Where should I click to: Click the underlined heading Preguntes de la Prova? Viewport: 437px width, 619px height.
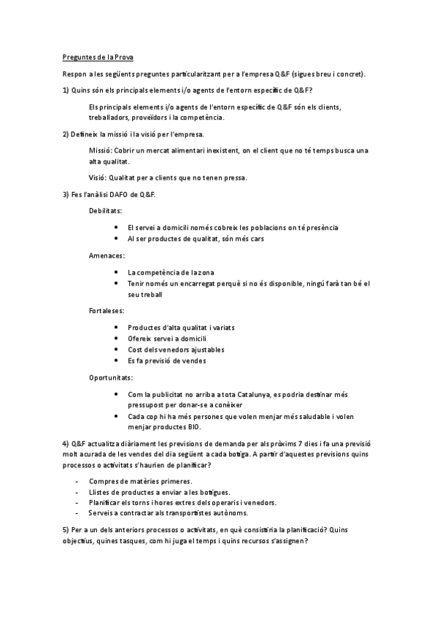(x=96, y=57)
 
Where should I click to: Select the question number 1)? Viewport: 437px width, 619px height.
(x=64, y=90)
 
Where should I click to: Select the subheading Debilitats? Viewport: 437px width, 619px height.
(x=105, y=210)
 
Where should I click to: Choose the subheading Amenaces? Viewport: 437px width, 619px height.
(x=106, y=255)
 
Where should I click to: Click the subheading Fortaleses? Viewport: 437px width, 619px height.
(x=106, y=310)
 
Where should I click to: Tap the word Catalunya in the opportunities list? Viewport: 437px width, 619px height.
(x=235, y=394)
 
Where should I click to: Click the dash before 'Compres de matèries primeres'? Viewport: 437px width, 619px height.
(x=78, y=481)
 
